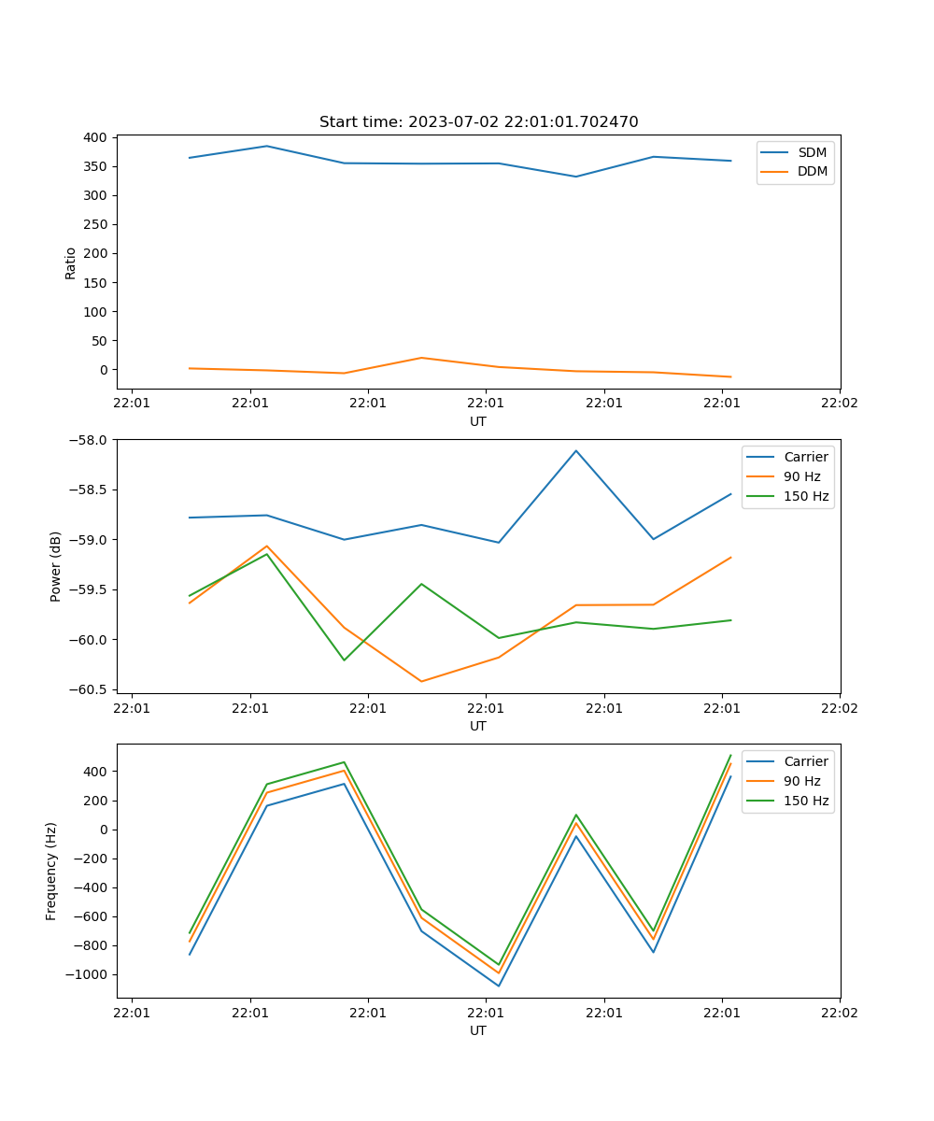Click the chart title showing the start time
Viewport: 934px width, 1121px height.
coord(478,122)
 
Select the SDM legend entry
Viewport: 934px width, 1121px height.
coord(812,152)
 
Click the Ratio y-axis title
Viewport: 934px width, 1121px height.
coord(71,263)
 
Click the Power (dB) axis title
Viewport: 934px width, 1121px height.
coord(56,566)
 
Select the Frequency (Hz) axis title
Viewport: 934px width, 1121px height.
coord(51,871)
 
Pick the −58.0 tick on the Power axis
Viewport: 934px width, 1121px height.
coord(91,439)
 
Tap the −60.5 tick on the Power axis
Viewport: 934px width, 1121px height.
coord(91,689)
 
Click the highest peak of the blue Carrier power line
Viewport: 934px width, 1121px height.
coord(576,450)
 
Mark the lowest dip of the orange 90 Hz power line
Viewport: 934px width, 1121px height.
coord(421,681)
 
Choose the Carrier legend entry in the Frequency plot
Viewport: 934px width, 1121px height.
coord(805,761)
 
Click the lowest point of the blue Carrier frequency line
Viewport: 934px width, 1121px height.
coord(499,986)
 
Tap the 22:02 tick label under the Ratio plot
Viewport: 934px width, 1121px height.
coord(839,404)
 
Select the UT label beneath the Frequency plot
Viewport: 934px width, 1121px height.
coord(478,1030)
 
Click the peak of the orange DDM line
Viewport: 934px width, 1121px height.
coord(421,358)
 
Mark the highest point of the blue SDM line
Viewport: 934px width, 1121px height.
coord(267,146)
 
